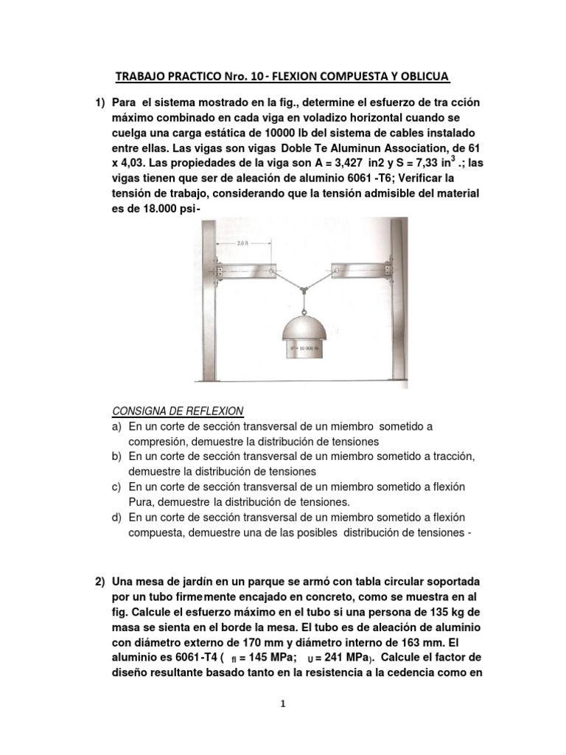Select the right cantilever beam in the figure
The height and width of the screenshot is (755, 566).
360,272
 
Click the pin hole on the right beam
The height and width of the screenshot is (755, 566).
336,272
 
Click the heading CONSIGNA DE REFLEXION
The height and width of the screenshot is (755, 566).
177,411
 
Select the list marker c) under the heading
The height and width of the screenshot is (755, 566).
116,487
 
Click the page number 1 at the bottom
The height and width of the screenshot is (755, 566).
283,703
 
